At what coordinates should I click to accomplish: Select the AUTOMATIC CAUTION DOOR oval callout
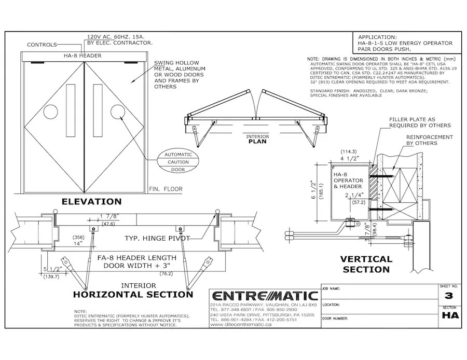[177, 162]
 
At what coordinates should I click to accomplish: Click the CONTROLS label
[42, 45]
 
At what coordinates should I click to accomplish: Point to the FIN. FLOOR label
[166, 189]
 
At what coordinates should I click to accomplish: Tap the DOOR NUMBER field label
[335, 318]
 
